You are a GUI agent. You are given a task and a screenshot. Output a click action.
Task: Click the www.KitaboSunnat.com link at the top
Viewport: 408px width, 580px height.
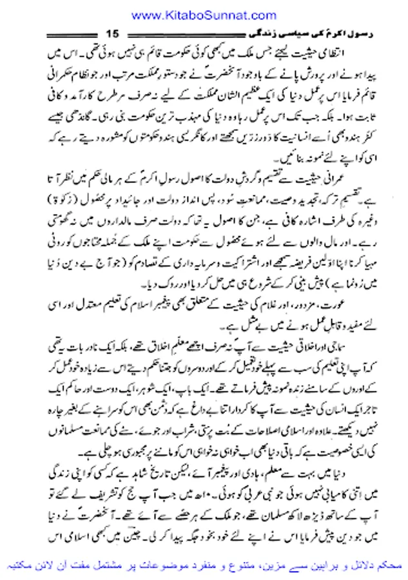click(x=203, y=14)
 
